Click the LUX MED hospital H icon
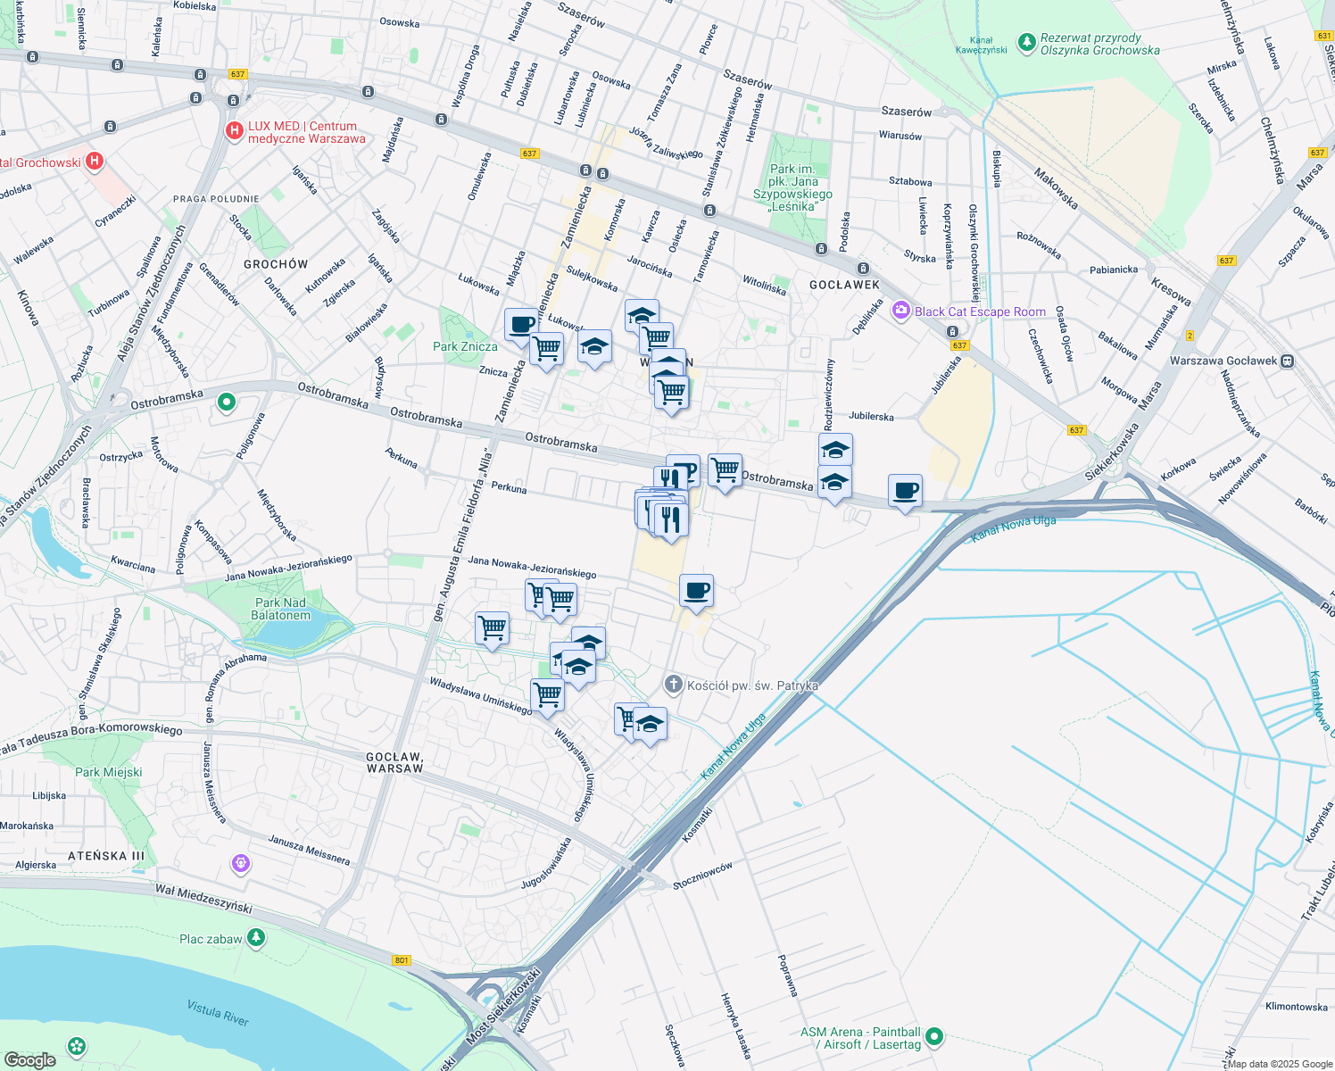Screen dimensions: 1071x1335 click(234, 132)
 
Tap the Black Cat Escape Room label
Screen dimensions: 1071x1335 click(980, 311)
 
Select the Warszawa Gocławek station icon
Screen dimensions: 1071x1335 click(1287, 361)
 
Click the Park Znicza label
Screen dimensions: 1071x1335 click(465, 346)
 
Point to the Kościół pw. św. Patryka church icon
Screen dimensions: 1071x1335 click(674, 685)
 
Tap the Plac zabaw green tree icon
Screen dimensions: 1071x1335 click(256, 937)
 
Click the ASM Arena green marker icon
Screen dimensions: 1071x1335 click(934, 1036)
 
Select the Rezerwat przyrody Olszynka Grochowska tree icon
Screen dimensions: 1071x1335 click(1027, 41)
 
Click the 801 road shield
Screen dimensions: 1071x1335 click(402, 960)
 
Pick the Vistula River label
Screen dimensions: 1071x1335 click(218, 1013)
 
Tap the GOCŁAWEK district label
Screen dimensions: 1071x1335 click(844, 285)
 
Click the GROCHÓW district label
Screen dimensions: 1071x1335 click(276, 264)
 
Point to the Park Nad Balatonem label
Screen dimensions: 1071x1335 click(281, 609)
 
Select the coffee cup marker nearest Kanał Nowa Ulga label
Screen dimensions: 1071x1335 click(905, 491)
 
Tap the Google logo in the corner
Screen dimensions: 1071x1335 click(29, 1059)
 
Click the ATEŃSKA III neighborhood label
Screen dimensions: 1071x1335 click(106, 856)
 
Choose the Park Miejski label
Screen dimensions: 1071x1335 click(108, 772)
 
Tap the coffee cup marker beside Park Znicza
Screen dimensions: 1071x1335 click(521, 325)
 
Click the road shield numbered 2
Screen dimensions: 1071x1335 click(1190, 336)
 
